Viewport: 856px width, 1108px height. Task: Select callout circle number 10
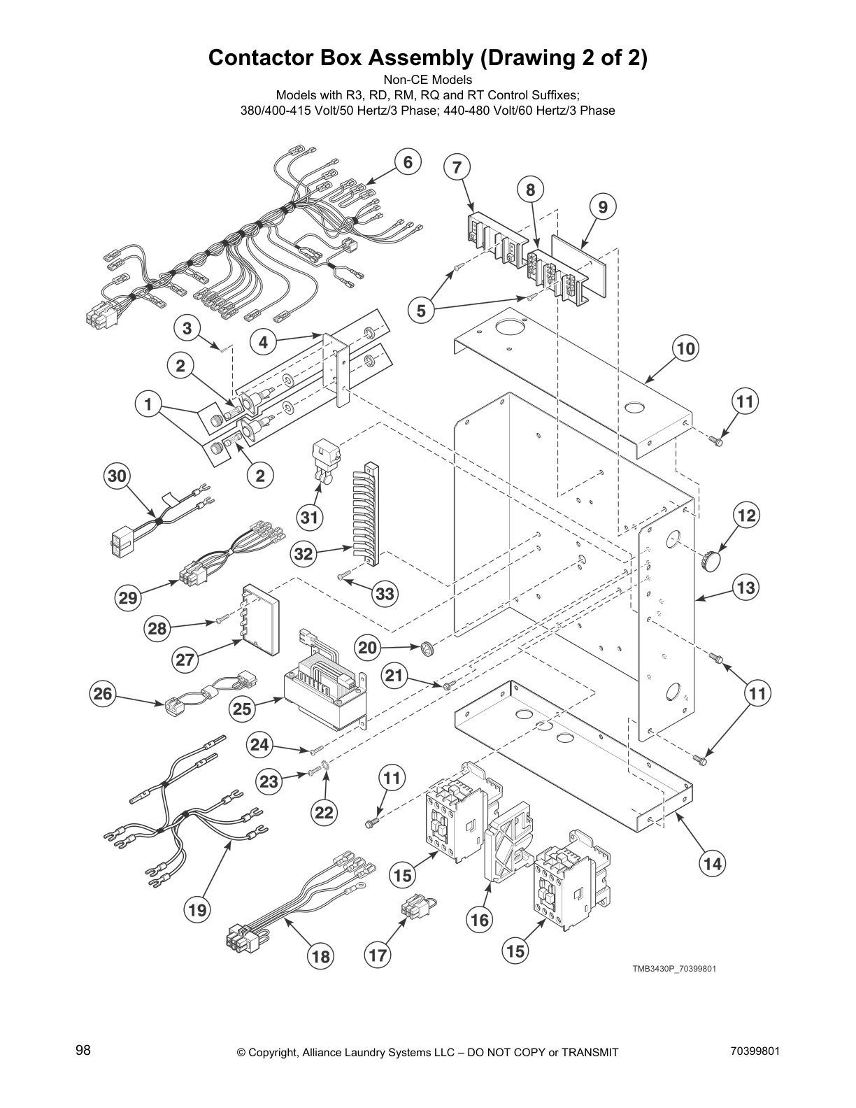click(686, 348)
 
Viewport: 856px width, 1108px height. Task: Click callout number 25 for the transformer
click(242, 709)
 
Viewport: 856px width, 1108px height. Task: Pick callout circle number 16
click(480, 920)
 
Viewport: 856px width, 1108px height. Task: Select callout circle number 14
click(712, 863)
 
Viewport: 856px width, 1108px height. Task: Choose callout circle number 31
click(309, 518)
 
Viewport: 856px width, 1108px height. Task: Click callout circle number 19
click(197, 909)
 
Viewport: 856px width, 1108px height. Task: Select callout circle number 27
click(185, 660)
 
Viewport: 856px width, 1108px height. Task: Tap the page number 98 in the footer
click(83, 1050)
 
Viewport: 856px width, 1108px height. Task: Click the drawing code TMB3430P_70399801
click(674, 969)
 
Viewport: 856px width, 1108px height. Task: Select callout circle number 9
click(603, 206)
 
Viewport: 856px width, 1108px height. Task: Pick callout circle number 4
click(263, 342)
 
